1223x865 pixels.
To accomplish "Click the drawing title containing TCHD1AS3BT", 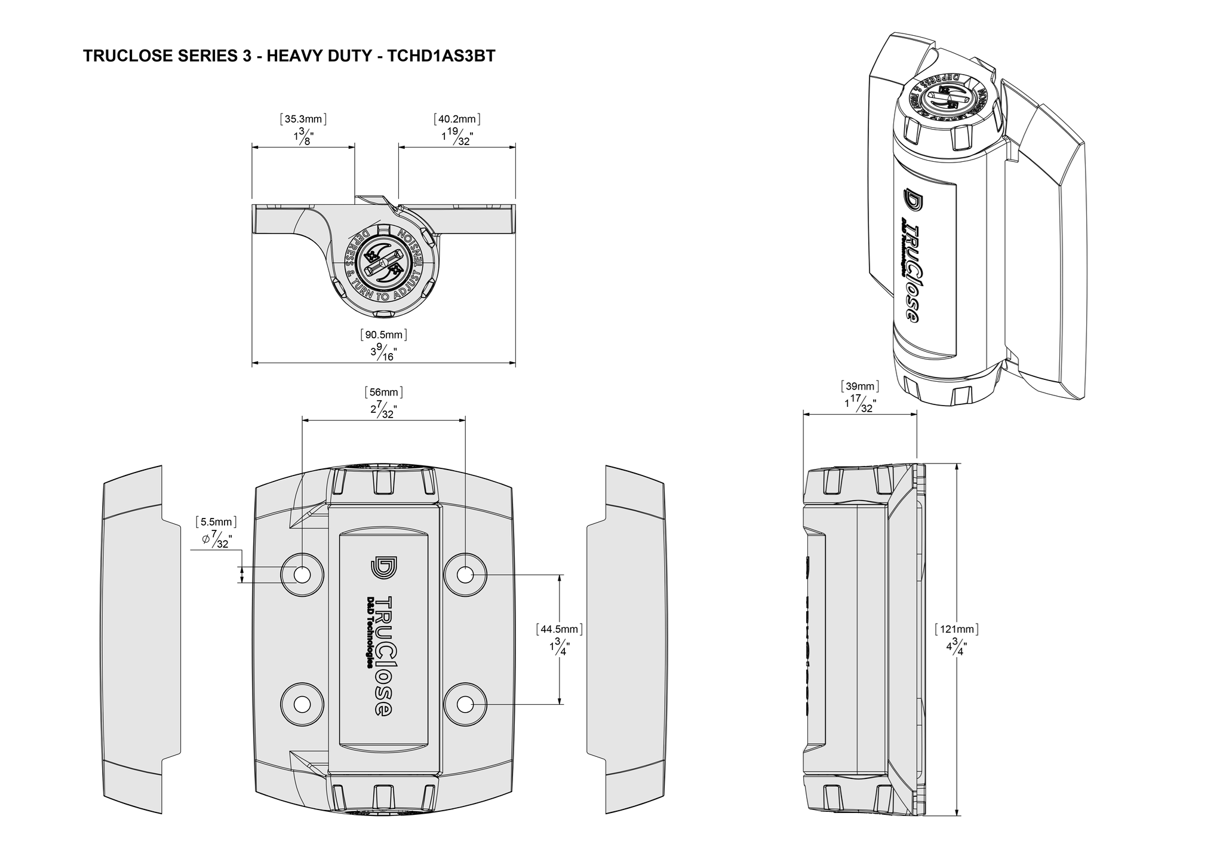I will click(289, 56).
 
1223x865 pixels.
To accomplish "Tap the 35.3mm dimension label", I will click(303, 119).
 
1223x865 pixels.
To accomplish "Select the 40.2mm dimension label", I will click(457, 119).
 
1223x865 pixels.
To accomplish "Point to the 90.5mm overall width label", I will click(383, 335).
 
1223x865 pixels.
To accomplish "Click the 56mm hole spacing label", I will click(383, 392).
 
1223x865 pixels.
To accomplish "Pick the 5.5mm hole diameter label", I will click(216, 522).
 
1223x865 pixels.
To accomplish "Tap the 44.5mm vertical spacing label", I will click(560, 629).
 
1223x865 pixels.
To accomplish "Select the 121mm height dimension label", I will click(956, 629).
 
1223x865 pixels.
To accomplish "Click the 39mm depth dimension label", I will click(860, 386).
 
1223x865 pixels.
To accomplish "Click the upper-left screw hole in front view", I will click(302, 575).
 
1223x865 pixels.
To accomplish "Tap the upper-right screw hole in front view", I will click(465, 575).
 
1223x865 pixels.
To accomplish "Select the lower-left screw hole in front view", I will click(302, 704).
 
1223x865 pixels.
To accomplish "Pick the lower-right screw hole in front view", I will click(465, 704).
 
